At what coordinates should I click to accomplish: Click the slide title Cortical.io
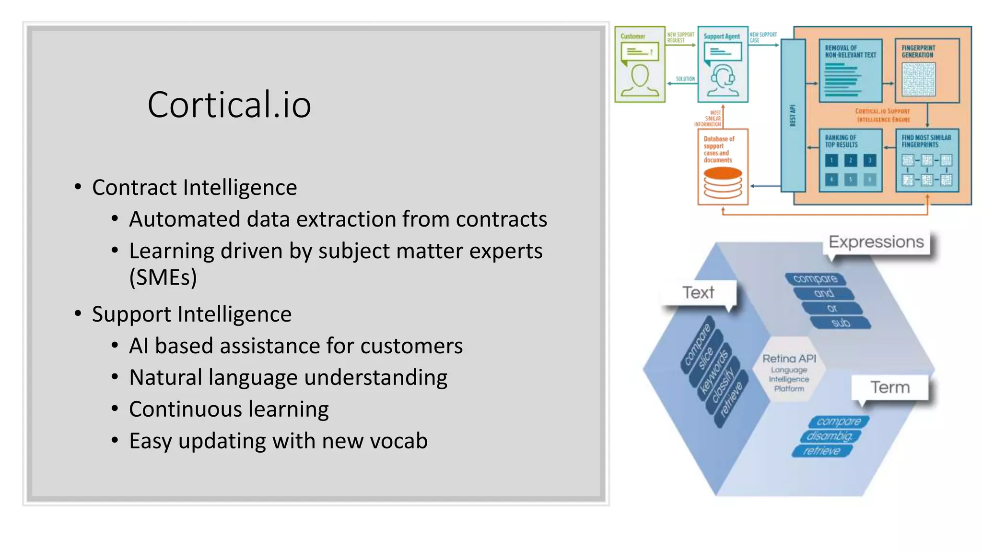coord(229,105)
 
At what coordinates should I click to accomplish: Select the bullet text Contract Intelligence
coord(194,187)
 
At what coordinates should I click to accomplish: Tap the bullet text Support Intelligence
coord(191,314)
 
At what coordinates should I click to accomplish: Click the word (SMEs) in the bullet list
coord(163,277)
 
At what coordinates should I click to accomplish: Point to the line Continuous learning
coord(229,409)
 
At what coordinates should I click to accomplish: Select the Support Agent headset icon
coord(722,80)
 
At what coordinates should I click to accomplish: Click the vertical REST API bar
coord(793,115)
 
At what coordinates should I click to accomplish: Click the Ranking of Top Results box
coord(850,160)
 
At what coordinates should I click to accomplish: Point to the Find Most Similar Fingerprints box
coord(927,160)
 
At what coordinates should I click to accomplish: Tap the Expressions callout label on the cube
coord(876,242)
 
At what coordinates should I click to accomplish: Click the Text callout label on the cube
coord(698,292)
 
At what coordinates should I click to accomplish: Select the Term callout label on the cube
coord(890,387)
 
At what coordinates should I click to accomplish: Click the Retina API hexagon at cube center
coord(789,373)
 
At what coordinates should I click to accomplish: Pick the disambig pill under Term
coord(830,436)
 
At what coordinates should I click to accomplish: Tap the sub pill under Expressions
coord(841,323)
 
